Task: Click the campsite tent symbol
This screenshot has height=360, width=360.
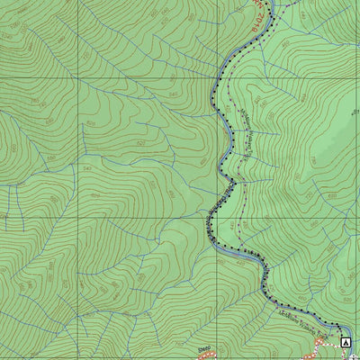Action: pyautogui.click(x=346, y=342)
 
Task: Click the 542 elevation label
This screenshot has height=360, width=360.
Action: pyautogui.click(x=87, y=168)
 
